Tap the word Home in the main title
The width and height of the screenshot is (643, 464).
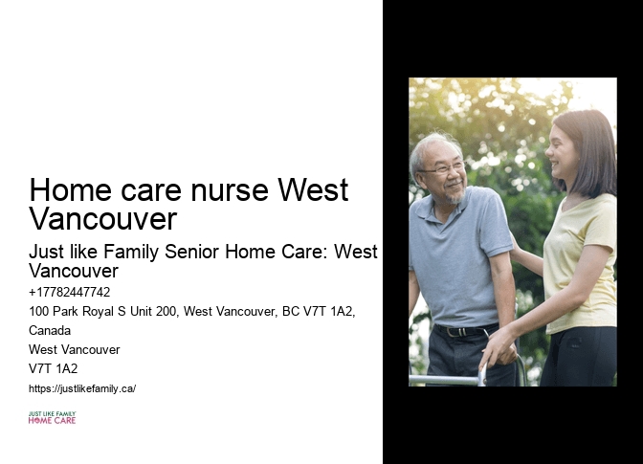pos(67,190)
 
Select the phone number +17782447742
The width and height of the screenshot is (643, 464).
pos(70,293)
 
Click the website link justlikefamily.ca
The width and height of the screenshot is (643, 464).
pos(82,388)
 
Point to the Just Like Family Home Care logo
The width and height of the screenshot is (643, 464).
pos(52,418)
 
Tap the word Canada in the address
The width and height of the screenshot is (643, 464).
pos(50,330)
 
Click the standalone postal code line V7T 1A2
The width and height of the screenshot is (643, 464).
pos(54,368)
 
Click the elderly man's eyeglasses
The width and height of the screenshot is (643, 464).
pos(442,168)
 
